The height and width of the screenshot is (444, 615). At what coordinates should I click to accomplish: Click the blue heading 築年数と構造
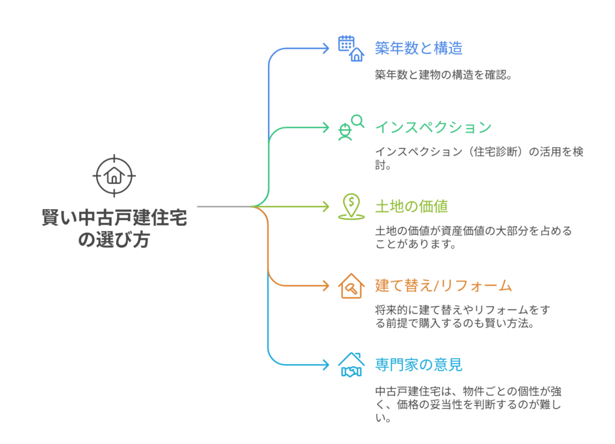(x=419, y=48)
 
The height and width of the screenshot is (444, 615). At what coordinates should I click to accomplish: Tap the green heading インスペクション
(x=434, y=127)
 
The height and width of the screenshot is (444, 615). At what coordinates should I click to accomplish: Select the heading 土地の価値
(x=411, y=206)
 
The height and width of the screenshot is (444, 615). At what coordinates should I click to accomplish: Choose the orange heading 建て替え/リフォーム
(x=444, y=285)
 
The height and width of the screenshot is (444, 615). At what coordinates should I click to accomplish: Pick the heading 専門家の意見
(x=419, y=365)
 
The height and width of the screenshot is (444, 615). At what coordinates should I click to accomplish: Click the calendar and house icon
(x=351, y=49)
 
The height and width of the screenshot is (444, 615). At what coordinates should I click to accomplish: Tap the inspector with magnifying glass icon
(x=351, y=127)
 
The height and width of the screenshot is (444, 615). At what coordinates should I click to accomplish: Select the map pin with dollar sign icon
(x=351, y=206)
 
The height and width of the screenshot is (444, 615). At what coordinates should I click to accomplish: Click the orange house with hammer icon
(x=351, y=285)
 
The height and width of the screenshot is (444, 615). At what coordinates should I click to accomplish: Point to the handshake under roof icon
(x=351, y=365)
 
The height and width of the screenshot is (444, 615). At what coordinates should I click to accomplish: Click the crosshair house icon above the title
(x=114, y=175)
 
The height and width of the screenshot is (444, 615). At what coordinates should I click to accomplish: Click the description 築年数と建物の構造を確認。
(x=443, y=75)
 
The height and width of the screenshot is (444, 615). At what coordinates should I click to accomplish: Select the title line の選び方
(x=114, y=240)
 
